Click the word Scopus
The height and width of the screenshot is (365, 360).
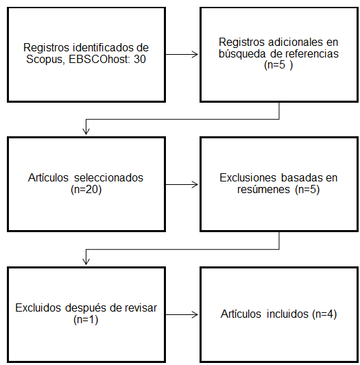click(45, 60)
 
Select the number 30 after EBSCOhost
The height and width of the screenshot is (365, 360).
click(140, 59)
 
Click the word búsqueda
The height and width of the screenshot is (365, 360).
click(242, 54)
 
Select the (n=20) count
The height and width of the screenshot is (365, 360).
click(86, 190)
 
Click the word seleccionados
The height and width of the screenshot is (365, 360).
click(108, 177)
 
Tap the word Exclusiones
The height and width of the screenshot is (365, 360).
click(248, 177)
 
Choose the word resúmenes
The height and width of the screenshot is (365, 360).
click(263, 189)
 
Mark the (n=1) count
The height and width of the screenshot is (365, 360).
click(86, 320)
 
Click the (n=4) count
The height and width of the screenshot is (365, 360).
click(324, 314)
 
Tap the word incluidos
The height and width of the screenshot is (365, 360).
click(287, 314)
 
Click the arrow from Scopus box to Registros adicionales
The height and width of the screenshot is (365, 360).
click(182, 55)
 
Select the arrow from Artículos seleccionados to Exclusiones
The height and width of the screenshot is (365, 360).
click(182, 185)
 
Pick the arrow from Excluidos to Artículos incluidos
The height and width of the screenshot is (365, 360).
click(182, 315)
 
